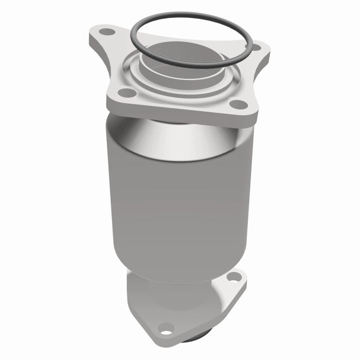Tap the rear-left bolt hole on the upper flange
(105, 32)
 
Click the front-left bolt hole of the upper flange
(128, 92)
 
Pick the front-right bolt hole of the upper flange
(239, 104)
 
